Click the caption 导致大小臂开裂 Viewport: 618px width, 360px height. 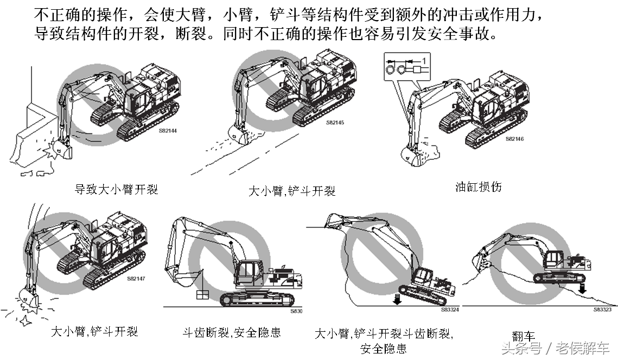[x=116, y=190]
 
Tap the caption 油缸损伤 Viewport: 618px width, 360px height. [x=478, y=187]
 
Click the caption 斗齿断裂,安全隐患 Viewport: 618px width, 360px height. [x=232, y=332]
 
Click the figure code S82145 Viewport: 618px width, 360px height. [x=335, y=123]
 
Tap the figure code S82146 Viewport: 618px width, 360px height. [x=514, y=139]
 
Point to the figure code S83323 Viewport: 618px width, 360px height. [x=602, y=310]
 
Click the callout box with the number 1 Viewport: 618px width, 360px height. [x=405, y=66]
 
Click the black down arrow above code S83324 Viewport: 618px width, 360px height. [x=398, y=298]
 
